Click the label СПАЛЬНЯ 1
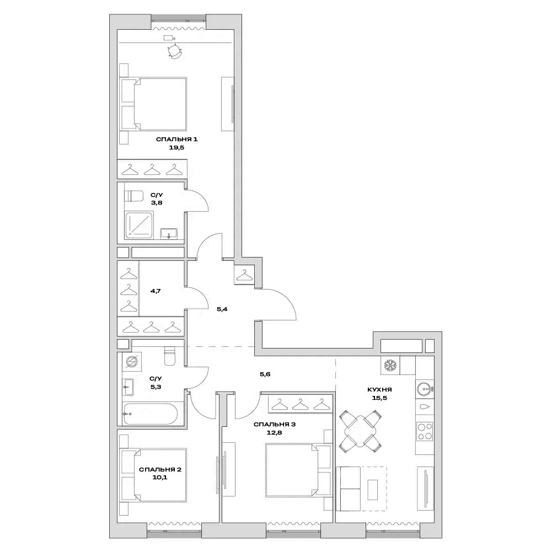coord(176,140)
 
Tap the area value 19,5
coord(176,148)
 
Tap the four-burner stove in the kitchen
coord(425,431)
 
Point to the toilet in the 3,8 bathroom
coord(133,195)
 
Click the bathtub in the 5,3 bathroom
coord(150,414)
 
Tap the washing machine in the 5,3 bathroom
coord(131,362)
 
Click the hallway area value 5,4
coord(222,309)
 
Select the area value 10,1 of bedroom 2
coord(160,478)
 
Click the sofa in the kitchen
coord(349,488)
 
